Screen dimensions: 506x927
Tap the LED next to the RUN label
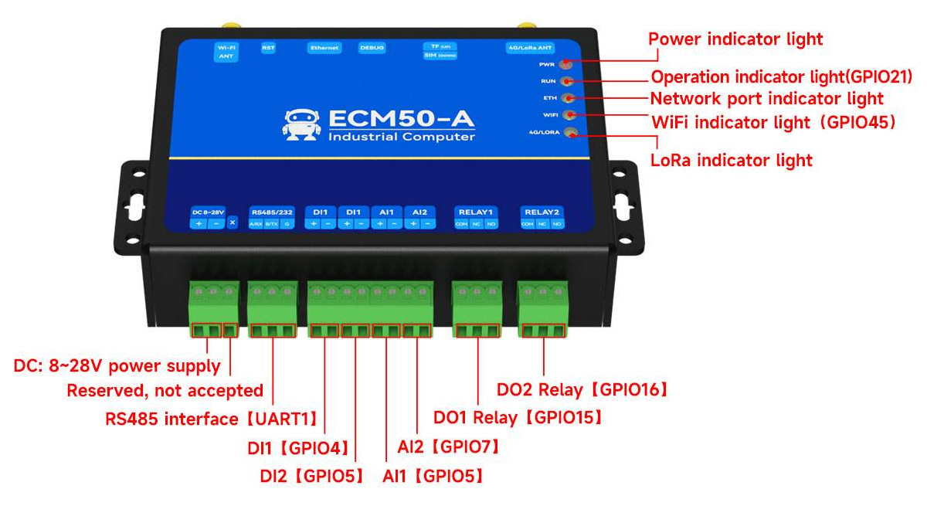point(567,80)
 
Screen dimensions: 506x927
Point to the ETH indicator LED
point(568,98)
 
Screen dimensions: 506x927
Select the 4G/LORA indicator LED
point(570,133)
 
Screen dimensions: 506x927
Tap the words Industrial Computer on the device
point(402,138)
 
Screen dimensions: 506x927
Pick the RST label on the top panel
point(268,48)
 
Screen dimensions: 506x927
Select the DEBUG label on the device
point(372,48)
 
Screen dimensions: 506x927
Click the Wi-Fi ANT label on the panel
point(227,52)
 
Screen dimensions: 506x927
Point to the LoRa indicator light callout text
point(732,161)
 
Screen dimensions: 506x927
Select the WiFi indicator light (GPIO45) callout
point(773,122)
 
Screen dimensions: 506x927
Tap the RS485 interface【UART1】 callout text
point(212,419)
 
